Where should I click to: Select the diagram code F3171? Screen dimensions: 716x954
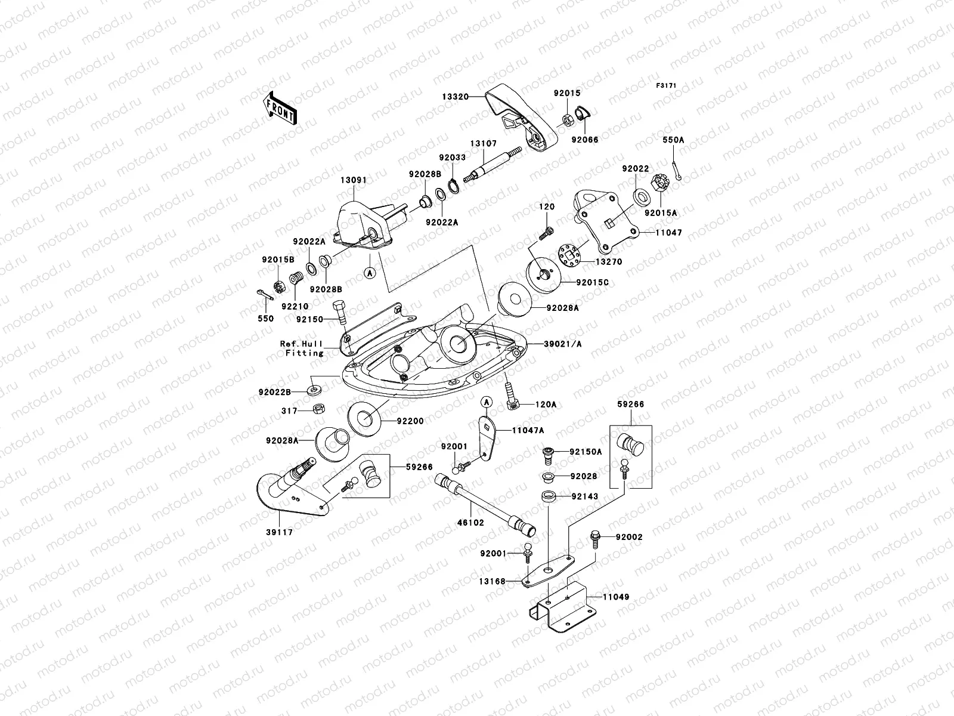(667, 86)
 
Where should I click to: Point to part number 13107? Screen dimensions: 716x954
(483, 144)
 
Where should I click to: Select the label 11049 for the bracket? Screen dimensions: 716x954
(616, 597)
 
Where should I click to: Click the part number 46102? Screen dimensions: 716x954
(471, 522)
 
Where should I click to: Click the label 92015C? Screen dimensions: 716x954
(592, 282)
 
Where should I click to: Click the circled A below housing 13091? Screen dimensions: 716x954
(370, 273)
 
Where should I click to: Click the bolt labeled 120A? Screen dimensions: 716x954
(510, 394)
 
